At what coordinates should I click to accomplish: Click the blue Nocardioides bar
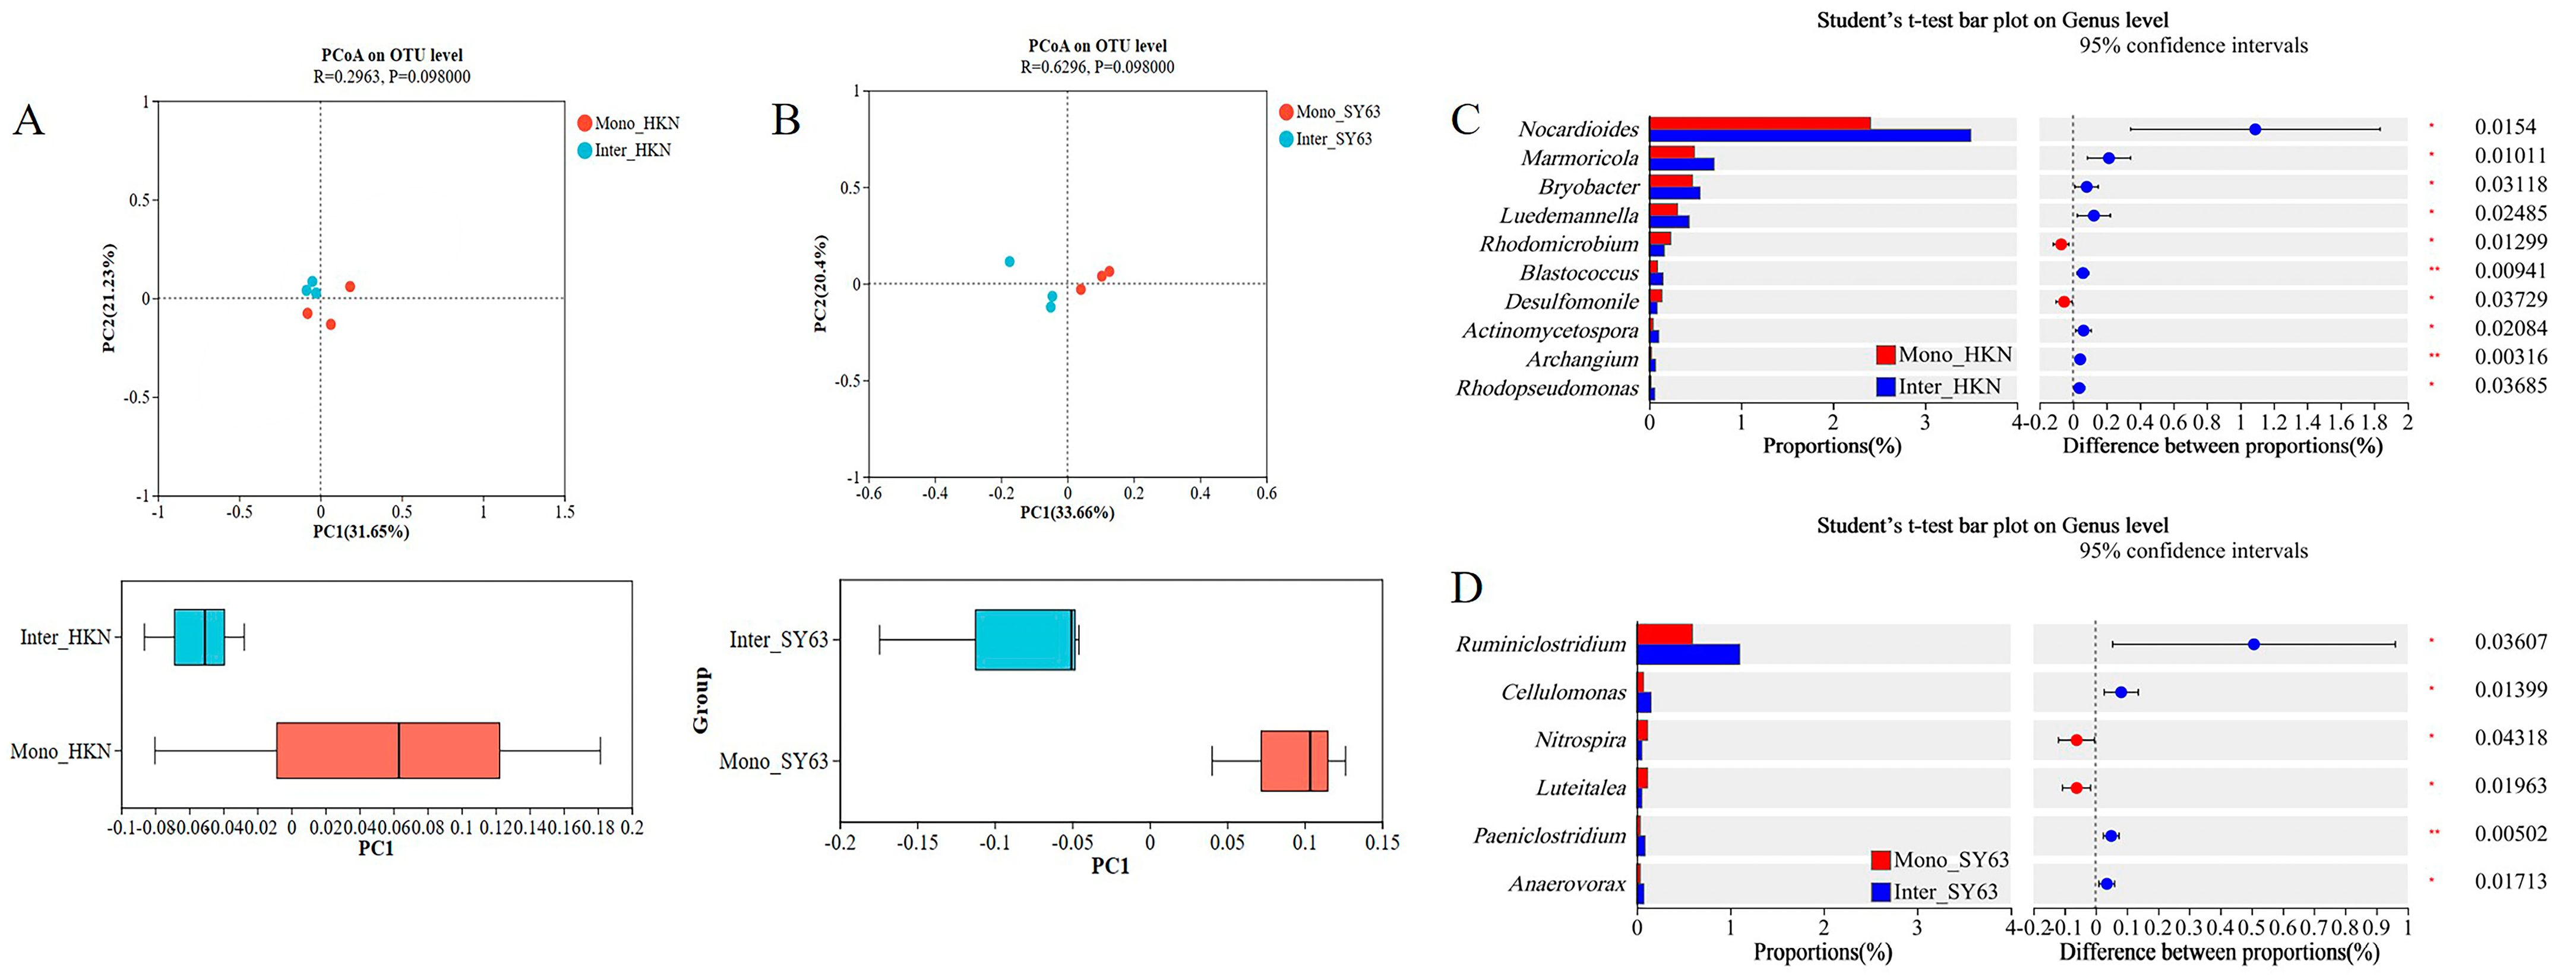point(1809,135)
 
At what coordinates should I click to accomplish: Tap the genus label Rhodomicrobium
point(1558,244)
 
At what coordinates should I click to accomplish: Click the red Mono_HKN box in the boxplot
point(388,751)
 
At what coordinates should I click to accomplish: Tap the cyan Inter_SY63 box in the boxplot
point(1023,639)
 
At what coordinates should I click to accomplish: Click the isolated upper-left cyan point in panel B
point(1010,261)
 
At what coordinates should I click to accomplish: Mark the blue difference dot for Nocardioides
point(2255,129)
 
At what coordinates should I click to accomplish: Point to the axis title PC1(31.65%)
point(361,532)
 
